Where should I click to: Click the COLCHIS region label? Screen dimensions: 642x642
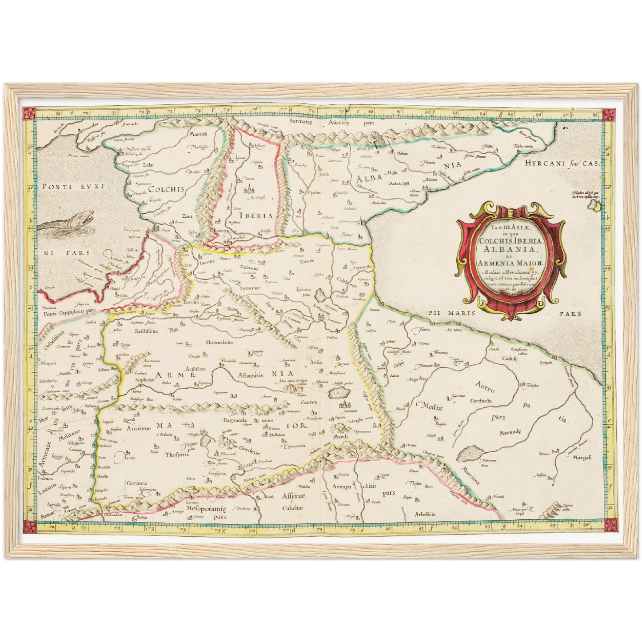(x=166, y=189)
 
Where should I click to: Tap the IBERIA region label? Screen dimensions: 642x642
(x=255, y=215)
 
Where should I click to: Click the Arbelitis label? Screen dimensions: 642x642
(x=425, y=514)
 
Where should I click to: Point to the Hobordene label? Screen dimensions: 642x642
(x=219, y=343)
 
